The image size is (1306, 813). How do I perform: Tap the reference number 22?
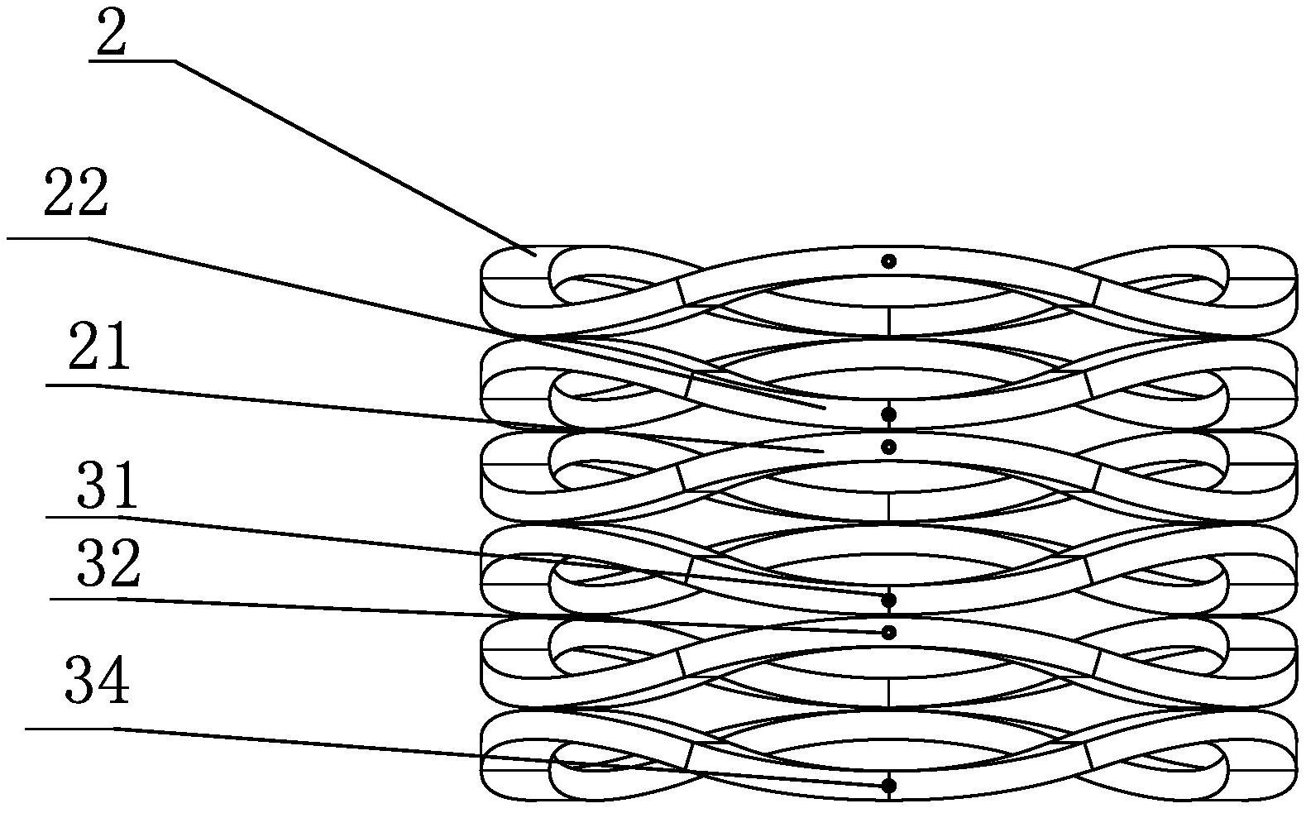pos(76,194)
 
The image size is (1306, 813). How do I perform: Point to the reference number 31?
pos(108,485)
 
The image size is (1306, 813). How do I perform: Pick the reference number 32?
pos(108,562)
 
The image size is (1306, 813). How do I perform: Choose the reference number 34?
pos(97,680)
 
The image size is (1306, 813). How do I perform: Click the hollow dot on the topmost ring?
pos(888,261)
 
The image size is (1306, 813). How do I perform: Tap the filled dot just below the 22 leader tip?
pos(888,415)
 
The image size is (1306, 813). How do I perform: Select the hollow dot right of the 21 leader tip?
pos(888,447)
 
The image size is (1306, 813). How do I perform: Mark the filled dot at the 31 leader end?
pos(888,600)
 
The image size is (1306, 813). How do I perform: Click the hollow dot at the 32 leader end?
pos(888,633)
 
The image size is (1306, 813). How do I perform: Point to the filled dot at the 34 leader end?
pos(888,786)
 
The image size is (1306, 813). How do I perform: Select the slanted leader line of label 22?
pos(457,323)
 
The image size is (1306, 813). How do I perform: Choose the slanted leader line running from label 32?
pos(497,615)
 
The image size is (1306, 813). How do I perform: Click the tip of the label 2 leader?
pos(536,256)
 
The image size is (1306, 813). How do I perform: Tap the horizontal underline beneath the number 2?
pos(132,60)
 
